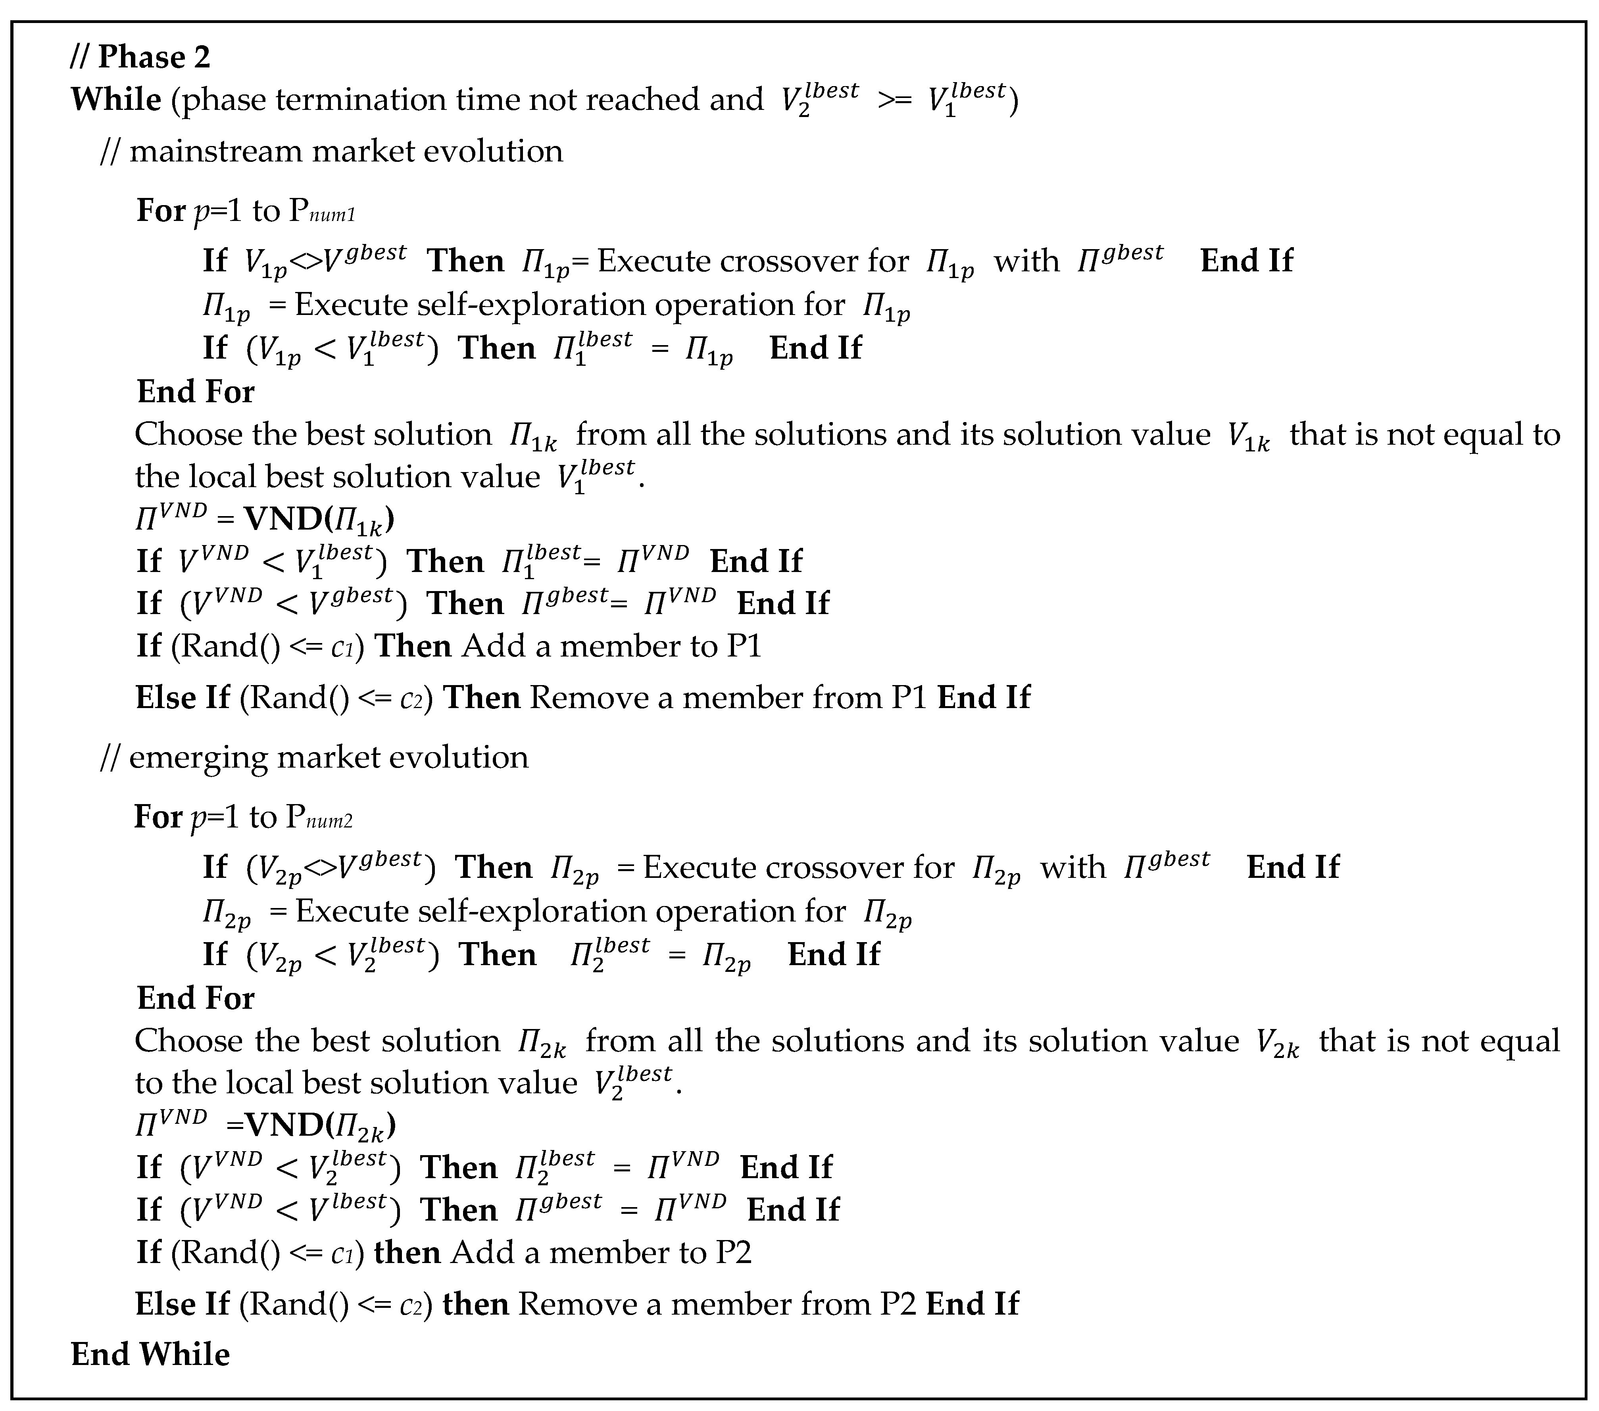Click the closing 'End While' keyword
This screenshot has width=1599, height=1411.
pos(150,1355)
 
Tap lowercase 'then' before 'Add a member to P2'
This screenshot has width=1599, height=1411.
pos(407,1253)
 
